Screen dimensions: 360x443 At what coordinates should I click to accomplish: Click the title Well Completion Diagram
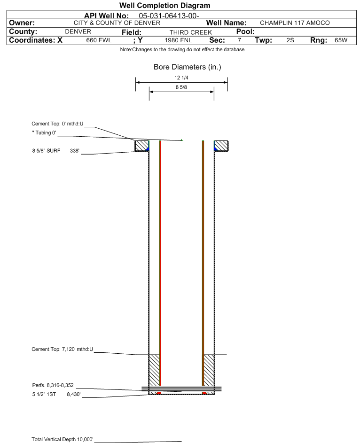click(x=165, y=5)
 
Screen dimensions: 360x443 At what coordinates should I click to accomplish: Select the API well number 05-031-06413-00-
click(x=169, y=16)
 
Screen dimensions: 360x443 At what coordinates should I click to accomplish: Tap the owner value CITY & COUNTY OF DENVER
click(x=117, y=23)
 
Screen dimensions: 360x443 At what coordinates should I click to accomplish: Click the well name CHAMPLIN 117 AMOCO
click(x=295, y=23)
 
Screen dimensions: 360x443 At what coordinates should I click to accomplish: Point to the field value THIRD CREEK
click(x=191, y=32)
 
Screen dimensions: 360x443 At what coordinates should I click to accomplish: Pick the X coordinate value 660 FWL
click(x=99, y=40)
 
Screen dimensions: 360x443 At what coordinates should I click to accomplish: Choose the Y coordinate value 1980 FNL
click(x=178, y=40)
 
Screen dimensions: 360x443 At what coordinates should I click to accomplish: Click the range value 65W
click(x=341, y=40)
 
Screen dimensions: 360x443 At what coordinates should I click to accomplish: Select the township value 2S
click(x=290, y=40)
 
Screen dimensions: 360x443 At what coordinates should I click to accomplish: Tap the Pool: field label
click(x=245, y=31)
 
